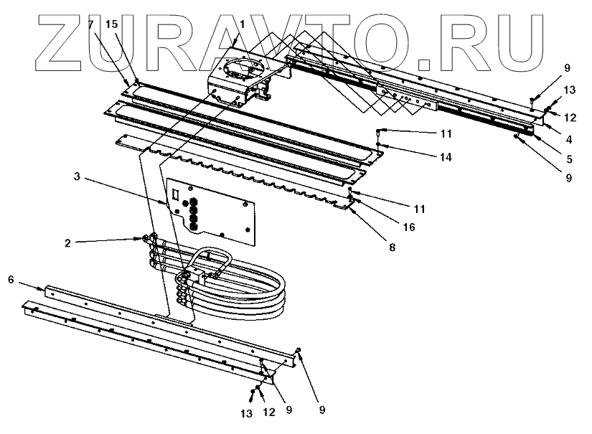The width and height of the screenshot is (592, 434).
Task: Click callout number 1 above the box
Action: tap(242, 24)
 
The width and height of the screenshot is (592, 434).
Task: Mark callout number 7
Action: tap(90, 24)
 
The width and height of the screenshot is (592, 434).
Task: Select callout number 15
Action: tap(111, 24)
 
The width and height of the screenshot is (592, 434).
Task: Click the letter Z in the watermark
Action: tap(69, 36)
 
